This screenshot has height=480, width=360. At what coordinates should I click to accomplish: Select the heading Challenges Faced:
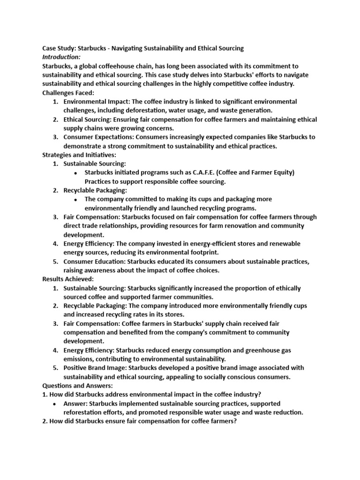68,93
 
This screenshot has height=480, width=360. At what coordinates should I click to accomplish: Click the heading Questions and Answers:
77,385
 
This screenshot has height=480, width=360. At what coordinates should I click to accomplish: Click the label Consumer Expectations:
96,137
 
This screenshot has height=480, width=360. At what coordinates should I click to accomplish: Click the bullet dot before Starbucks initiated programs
76,173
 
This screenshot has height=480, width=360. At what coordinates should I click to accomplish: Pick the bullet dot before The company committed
76,199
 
